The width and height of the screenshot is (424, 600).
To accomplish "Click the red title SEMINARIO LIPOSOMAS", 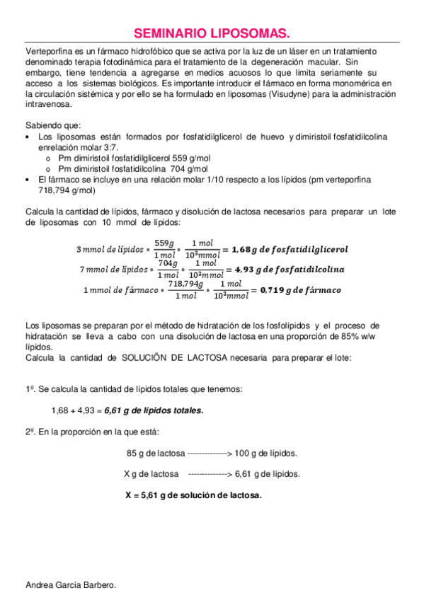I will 212,33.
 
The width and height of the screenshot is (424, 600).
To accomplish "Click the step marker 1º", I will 30,390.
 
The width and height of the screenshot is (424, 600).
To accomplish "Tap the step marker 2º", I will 30,432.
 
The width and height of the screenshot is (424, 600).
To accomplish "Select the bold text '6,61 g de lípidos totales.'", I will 154,410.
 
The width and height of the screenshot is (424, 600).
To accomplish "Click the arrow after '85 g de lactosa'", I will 210,454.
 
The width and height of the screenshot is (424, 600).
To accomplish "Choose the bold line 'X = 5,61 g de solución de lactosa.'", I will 193,495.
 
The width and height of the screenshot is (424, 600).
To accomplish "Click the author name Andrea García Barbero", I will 70,585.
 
